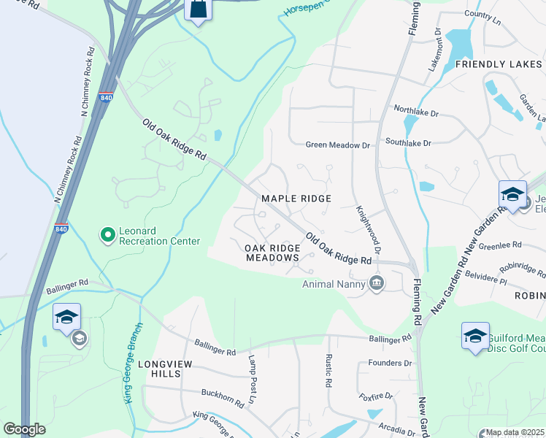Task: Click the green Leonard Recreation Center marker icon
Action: click(x=108, y=234)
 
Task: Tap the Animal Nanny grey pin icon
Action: click(x=377, y=283)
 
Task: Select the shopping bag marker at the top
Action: click(x=197, y=9)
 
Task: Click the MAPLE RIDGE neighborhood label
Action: click(x=296, y=199)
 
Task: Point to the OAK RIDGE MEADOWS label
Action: click(x=272, y=253)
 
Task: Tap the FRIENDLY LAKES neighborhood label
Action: click(x=499, y=65)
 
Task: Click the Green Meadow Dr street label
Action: click(x=338, y=145)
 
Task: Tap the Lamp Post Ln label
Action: click(x=250, y=380)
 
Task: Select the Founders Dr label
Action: click(x=391, y=363)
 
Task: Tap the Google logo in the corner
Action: click(x=24, y=429)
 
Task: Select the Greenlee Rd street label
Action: click(x=500, y=245)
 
